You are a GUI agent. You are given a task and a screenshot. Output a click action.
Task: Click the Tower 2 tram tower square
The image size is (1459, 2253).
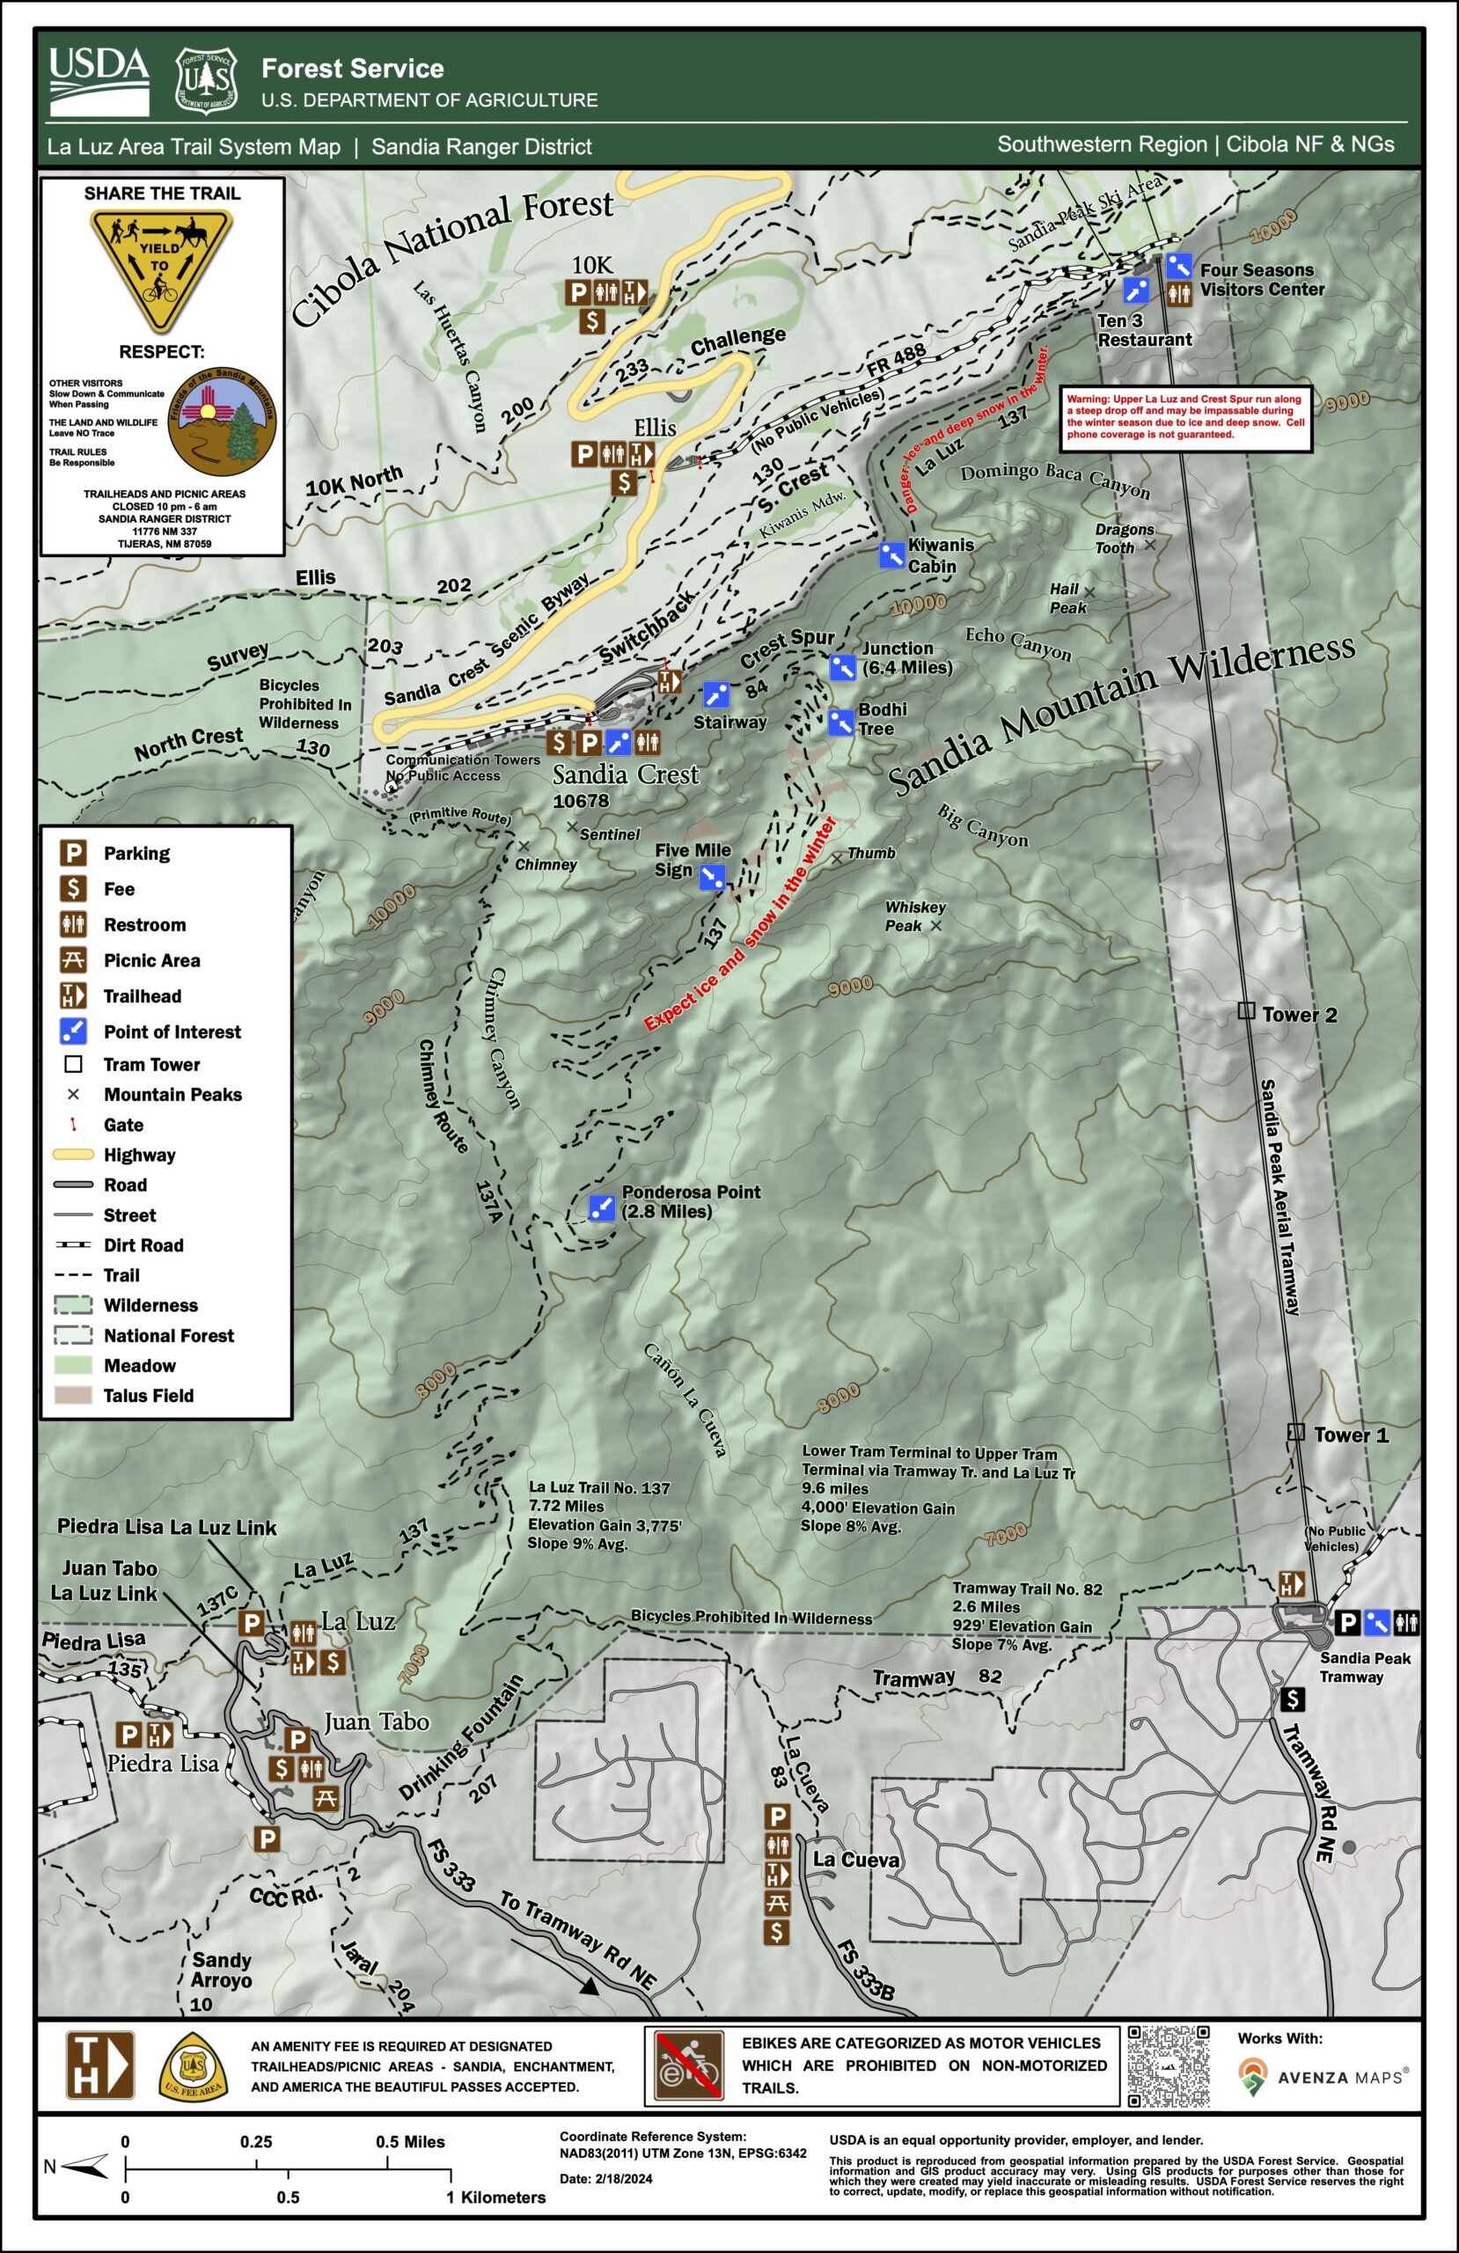[1246, 1011]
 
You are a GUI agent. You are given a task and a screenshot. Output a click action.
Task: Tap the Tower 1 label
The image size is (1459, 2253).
[1350, 1435]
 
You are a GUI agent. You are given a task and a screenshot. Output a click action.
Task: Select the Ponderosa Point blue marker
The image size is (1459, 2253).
[601, 1207]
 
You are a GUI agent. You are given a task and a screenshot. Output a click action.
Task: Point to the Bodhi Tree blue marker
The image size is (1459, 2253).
[839, 723]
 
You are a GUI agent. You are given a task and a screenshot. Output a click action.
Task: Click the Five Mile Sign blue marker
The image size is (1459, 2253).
[712, 877]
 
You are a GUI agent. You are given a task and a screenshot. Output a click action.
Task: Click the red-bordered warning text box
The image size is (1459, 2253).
[1185, 417]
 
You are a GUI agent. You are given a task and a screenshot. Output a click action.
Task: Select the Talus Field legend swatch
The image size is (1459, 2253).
[73, 1395]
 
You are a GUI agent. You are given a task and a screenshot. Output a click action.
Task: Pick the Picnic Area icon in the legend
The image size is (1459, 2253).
[73, 960]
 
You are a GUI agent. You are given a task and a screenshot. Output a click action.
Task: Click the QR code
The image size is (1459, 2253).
[1169, 2066]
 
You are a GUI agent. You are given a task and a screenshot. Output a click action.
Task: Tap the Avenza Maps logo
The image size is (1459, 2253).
[1323, 2077]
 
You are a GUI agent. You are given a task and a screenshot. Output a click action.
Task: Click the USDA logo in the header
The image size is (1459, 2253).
[99, 82]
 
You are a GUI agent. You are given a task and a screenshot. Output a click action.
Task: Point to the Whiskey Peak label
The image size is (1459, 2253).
[913, 915]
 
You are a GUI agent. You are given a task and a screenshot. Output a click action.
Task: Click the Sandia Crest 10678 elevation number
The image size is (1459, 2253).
[581, 801]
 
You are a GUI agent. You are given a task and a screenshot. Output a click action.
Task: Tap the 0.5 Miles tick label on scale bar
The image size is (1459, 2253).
[410, 2142]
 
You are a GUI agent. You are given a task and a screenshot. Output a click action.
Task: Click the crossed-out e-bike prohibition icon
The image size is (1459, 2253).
[688, 2066]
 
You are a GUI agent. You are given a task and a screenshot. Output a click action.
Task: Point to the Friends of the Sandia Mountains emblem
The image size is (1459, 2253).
[223, 422]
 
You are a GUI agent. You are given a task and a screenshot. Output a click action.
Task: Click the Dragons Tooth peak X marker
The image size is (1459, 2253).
[1149, 544]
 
